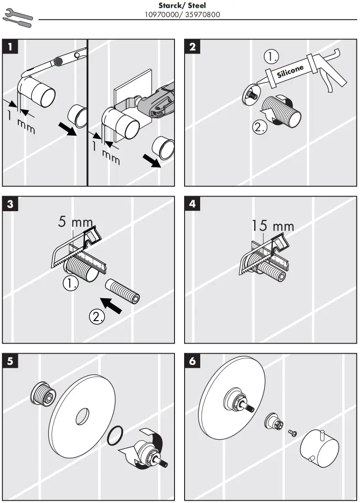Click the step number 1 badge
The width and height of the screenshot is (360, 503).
coord(11,47)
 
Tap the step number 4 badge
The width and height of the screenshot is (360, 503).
coord(192,204)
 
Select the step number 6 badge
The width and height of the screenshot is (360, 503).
coord(192,361)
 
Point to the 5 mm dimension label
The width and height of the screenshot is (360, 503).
coord(76,222)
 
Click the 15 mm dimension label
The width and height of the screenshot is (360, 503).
coord(273,225)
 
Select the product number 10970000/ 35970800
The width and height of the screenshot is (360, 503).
coord(182,14)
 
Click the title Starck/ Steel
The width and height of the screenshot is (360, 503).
coord(182,6)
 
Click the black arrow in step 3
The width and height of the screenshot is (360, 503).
coord(111,306)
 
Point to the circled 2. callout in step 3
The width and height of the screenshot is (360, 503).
coord(97,317)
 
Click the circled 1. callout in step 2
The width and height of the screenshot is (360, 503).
coord(273,57)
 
